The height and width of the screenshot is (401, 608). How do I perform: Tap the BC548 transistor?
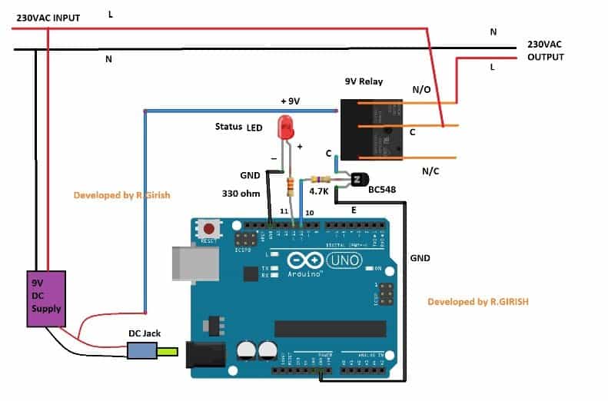(358, 181)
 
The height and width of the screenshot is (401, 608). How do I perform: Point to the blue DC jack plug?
(142, 352)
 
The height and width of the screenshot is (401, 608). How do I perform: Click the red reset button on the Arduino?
(208, 228)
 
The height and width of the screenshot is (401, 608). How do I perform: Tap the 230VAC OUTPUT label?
(546, 51)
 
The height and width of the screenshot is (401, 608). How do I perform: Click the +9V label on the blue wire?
(290, 101)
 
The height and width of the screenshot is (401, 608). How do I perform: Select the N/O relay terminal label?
(421, 90)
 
